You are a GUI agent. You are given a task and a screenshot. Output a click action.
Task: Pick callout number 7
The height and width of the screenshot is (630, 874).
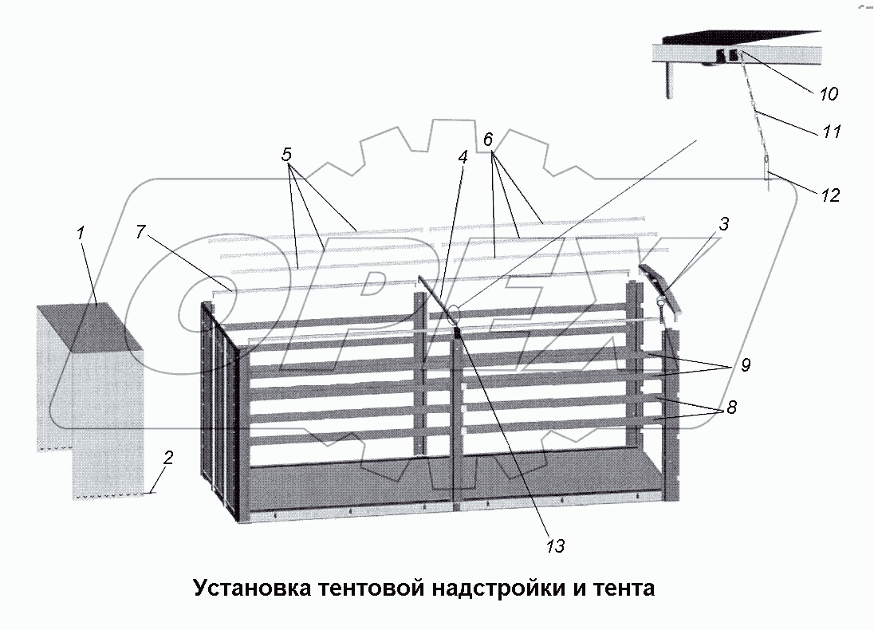[141, 232]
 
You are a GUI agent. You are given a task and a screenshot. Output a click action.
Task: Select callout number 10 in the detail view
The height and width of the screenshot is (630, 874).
[828, 94]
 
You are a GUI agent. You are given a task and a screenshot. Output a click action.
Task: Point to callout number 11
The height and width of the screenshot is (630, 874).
[832, 131]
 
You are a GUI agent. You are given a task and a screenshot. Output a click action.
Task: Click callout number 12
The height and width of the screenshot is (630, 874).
[830, 195]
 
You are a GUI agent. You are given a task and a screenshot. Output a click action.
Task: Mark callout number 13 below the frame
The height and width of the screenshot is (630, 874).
[555, 545]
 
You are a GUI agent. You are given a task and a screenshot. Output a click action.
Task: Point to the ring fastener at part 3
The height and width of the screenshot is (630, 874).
[661, 301]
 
